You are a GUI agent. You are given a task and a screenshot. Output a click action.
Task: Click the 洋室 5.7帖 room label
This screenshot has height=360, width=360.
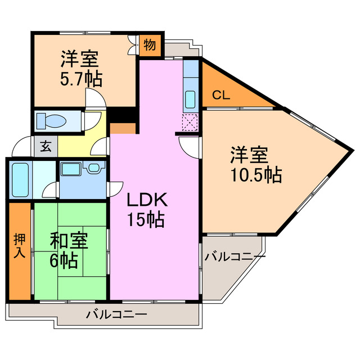(x=81, y=68)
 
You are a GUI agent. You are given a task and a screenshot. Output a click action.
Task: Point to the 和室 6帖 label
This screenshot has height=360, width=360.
(x=68, y=250)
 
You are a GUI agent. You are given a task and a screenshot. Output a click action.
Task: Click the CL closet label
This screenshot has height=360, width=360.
(x=221, y=95)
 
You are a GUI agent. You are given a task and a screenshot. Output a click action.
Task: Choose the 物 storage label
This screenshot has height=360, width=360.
(x=149, y=44)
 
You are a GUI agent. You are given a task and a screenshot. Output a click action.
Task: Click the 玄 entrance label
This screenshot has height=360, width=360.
(x=46, y=148)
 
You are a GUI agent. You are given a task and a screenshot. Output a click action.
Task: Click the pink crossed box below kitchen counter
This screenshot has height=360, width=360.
(x=190, y=121)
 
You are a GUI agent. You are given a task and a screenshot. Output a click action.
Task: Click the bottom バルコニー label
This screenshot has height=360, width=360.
(x=116, y=314)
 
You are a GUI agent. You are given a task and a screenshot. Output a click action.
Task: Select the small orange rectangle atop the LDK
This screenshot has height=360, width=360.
(x=123, y=129)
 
